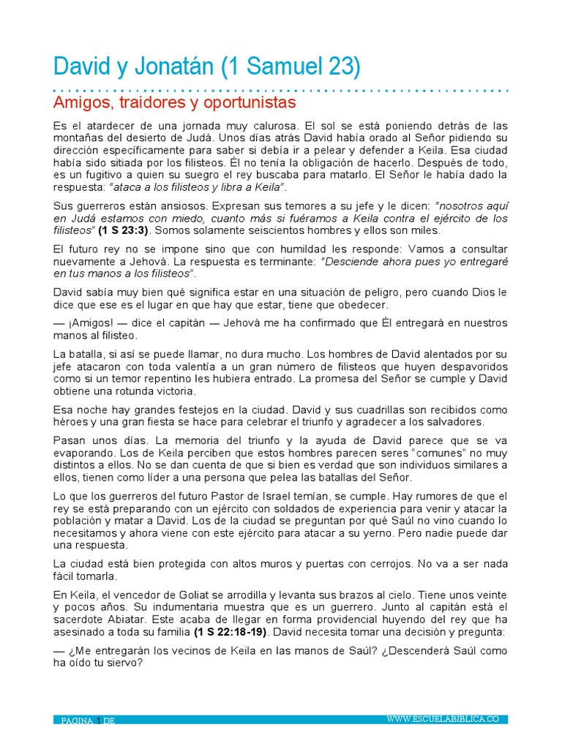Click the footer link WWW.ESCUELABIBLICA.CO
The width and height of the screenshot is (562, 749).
click(443, 720)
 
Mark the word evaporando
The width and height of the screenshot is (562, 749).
click(84, 453)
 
